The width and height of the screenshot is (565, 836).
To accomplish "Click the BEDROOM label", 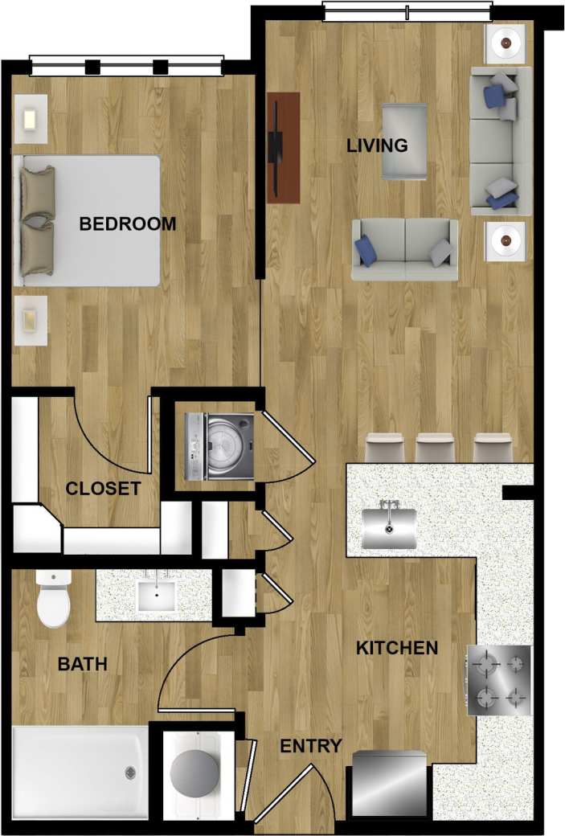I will [127, 223].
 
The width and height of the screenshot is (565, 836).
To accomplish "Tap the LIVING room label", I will [377, 145].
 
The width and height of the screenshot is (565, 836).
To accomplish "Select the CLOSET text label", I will [103, 488].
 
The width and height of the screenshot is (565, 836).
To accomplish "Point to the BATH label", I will [82, 664].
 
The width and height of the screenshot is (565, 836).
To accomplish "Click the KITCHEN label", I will [397, 647].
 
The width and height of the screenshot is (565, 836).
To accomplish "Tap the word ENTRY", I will [310, 746].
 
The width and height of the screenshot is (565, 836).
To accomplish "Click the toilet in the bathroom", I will [54, 599].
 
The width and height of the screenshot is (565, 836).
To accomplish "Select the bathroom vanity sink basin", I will [158, 596].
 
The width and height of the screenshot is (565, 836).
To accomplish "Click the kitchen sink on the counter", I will [391, 527].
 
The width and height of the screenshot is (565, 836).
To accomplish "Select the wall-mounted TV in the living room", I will [277, 146].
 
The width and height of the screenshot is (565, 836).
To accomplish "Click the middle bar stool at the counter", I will [436, 448].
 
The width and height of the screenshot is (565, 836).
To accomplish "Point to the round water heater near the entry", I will [194, 775].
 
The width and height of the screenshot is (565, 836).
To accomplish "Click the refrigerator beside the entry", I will [390, 783].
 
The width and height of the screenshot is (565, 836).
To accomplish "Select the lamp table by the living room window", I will [506, 41].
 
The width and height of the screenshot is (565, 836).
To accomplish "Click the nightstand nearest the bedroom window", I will [31, 119].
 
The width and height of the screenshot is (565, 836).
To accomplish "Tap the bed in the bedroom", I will [88, 220].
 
